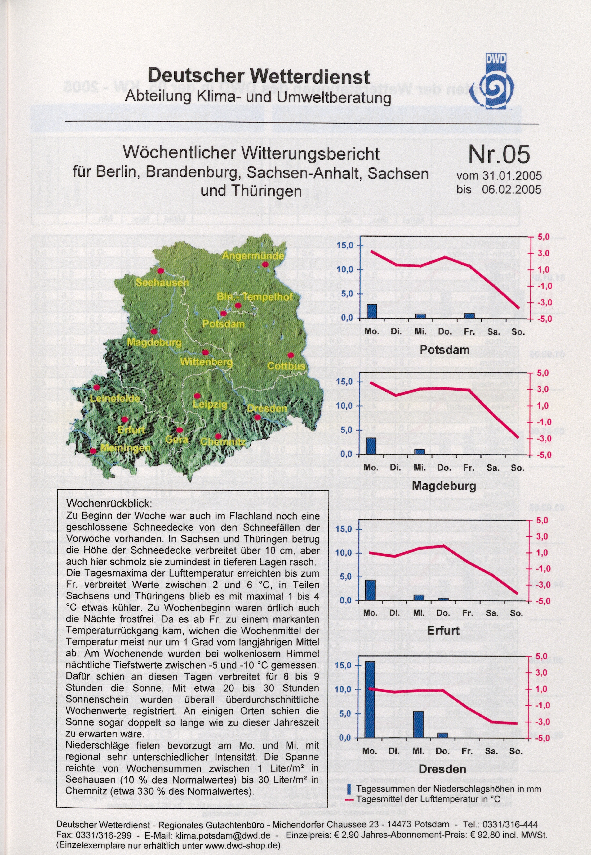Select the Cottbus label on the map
coord(286,366)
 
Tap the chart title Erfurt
coord(443,630)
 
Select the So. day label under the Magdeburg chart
coord(517,468)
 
